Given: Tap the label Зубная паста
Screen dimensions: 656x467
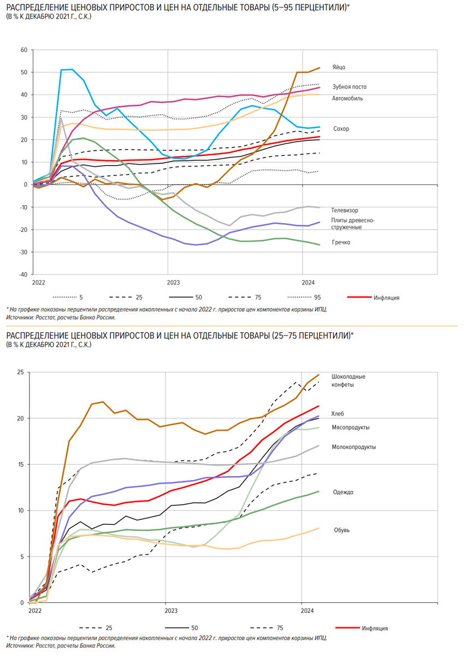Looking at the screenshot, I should (x=349, y=87).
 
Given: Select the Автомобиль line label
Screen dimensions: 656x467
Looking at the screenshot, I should (x=347, y=98).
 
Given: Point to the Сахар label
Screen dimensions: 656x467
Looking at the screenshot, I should (x=341, y=129).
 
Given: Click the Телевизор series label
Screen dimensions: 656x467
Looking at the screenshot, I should (x=345, y=210).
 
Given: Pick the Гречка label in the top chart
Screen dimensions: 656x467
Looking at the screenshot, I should (x=341, y=242).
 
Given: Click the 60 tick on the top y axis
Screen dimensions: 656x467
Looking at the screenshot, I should (x=24, y=50).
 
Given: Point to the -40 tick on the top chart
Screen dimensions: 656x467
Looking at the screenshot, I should (x=23, y=274).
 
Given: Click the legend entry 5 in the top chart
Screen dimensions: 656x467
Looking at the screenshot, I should (x=81, y=297).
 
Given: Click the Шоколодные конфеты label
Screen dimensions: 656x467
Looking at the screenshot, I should (x=348, y=380).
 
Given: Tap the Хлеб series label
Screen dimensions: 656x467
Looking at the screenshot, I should (x=338, y=413).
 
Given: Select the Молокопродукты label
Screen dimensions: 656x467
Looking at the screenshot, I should (x=353, y=447).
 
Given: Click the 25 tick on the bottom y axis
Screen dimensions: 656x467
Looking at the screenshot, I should (x=21, y=372).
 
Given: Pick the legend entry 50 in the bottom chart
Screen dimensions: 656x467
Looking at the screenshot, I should (x=194, y=628).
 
